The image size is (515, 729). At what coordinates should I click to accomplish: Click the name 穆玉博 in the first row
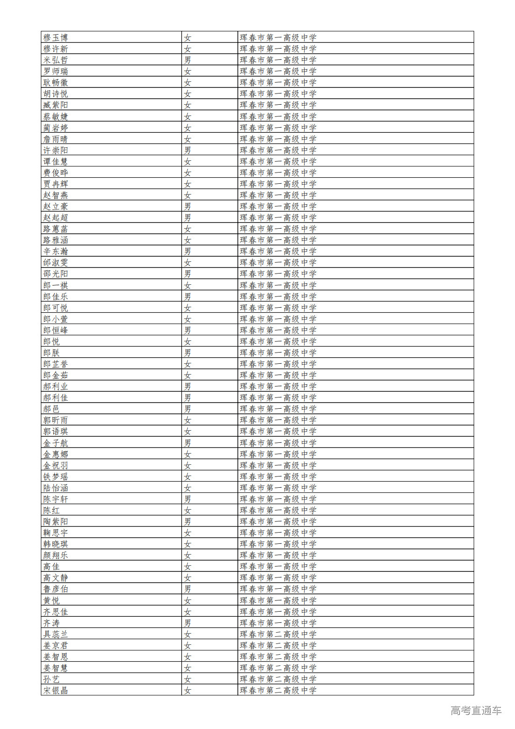tap(56, 37)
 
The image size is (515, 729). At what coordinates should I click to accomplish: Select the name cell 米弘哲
tap(56, 60)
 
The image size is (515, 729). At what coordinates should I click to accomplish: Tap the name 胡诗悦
tap(56, 94)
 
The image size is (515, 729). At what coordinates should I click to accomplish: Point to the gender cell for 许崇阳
tap(187, 150)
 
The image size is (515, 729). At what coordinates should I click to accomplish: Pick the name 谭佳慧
tap(56, 161)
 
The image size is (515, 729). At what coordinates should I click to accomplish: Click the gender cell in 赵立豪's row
tap(187, 206)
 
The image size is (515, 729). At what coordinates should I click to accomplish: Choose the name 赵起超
tap(56, 217)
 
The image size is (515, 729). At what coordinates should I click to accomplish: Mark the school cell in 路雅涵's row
tap(278, 240)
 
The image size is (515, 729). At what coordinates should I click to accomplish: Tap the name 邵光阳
tap(56, 274)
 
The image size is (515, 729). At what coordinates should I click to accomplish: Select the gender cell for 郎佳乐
tap(187, 296)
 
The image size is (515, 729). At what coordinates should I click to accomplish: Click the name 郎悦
tap(51, 341)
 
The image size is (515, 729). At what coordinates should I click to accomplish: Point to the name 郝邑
tap(51, 409)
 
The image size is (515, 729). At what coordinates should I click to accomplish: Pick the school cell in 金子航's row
tap(278, 443)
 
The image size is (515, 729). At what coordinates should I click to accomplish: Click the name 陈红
tap(51, 510)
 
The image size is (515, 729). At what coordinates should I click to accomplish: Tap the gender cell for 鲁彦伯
tap(187, 589)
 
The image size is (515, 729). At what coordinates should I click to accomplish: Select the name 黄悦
tap(51, 600)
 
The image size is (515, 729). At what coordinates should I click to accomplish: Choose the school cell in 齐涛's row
tap(278, 623)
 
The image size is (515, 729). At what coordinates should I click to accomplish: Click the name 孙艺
tap(51, 679)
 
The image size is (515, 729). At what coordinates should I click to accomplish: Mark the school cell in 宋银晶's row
tap(278, 690)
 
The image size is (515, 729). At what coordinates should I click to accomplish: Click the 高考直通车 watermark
tap(476, 710)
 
